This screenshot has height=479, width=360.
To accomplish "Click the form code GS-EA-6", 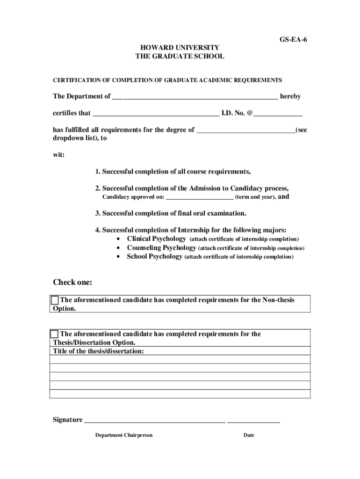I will click(x=293, y=40).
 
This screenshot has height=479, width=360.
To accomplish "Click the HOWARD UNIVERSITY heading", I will click(x=180, y=48).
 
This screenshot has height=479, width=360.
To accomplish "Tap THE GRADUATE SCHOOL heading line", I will click(x=180, y=56).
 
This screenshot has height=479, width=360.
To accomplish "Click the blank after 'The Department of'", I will click(x=195, y=97).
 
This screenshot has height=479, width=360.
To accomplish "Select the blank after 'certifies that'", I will click(x=156, y=114).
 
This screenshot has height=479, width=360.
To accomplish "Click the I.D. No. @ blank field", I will click(x=278, y=114).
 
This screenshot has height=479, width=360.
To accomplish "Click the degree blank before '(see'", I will click(x=246, y=131).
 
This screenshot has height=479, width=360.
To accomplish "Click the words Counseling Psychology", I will click(x=162, y=248).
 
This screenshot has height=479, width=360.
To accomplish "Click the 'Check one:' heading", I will click(x=72, y=283).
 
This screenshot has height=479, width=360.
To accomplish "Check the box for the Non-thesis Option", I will click(x=55, y=300).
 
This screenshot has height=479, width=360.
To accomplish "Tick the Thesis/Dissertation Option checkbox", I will click(x=55, y=334).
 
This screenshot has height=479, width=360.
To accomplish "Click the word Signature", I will click(x=67, y=420).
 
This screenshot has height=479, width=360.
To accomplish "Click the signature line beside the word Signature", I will click(x=154, y=421).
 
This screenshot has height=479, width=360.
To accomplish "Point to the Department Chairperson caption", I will click(x=124, y=435).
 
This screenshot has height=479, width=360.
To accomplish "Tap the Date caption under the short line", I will click(x=249, y=435).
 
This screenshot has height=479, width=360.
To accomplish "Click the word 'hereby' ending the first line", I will click(x=290, y=96).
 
